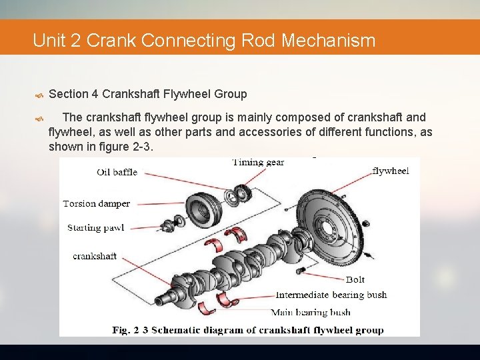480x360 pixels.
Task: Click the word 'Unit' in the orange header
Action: [49, 41]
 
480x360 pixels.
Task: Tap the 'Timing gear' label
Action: [258, 162]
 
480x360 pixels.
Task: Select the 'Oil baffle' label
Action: [117, 172]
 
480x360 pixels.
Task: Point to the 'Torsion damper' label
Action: [97, 204]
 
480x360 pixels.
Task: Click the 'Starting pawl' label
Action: [95, 228]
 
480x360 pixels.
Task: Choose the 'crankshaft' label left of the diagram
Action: [95, 256]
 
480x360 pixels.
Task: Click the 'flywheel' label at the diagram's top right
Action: [390, 171]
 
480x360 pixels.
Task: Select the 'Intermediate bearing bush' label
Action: [331, 295]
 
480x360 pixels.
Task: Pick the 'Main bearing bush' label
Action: [310, 312]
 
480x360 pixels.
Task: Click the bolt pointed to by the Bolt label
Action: [301, 270]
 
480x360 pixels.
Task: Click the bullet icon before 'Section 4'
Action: [39, 95]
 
